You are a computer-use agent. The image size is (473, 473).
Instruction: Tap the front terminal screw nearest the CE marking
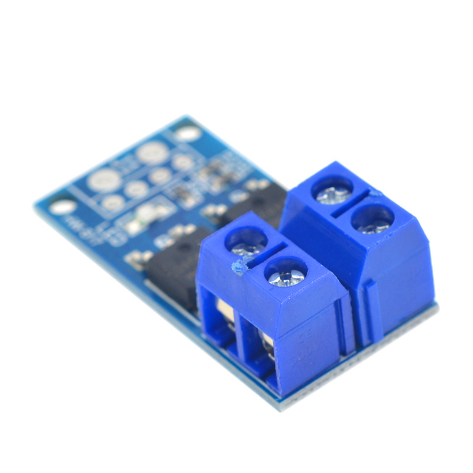point(286,273)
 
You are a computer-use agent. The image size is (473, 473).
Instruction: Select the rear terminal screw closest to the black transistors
point(332,191)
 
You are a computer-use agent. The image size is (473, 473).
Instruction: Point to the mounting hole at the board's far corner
point(188,133)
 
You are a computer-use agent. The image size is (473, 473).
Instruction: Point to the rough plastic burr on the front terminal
point(239,269)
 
